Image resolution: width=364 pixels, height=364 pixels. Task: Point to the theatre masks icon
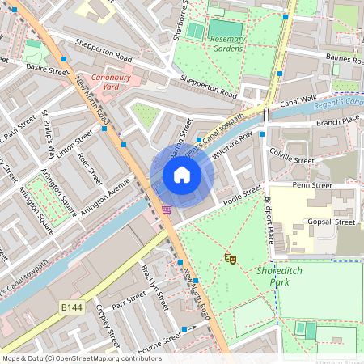tap(230, 259)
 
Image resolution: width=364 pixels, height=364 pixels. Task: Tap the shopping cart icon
tap(167, 210)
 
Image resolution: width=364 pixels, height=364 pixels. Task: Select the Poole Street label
tap(242, 196)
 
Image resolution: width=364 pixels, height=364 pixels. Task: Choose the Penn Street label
tap(312, 186)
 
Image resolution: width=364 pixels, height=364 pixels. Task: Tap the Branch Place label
tap(338, 122)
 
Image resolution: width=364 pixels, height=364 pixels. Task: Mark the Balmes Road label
tap(341, 58)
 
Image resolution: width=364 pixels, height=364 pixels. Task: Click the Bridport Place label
tap(269, 218)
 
